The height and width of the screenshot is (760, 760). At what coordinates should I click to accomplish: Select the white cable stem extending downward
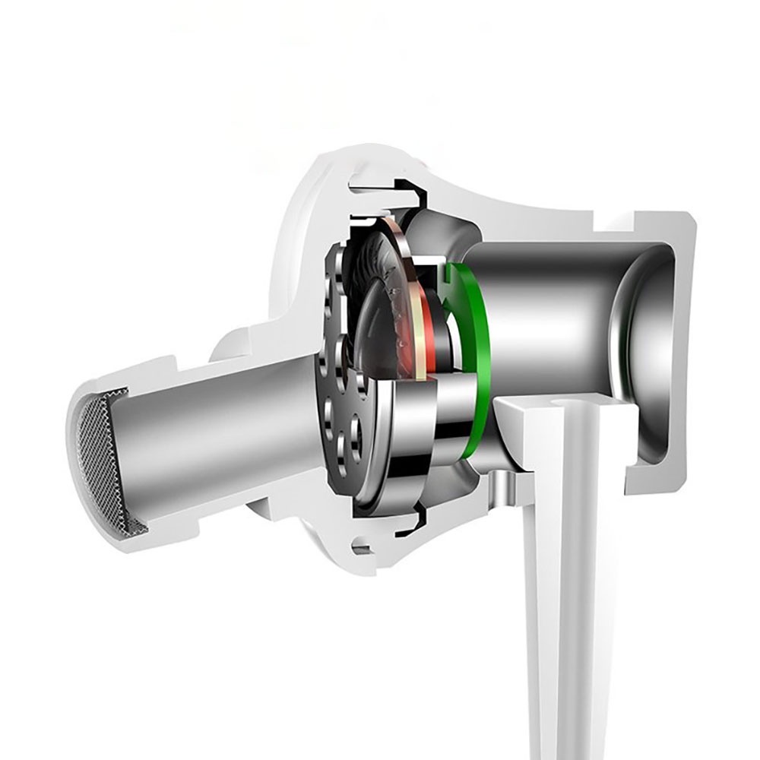point(562,608)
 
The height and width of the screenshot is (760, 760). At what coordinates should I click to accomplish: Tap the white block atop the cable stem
point(532,414)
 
